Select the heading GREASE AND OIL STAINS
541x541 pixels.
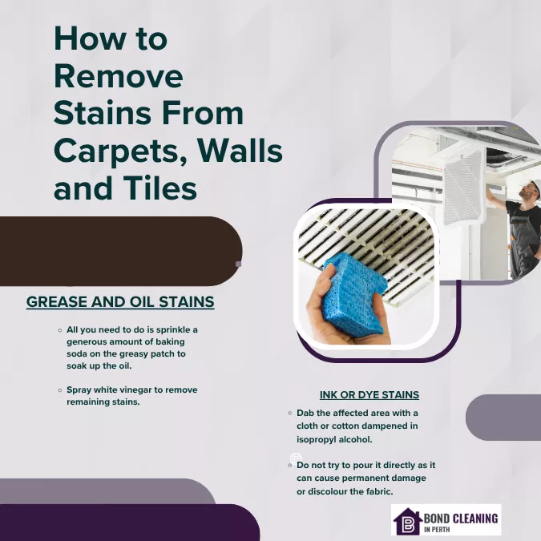pos(120,302)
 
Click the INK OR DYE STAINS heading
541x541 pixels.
pos(369,395)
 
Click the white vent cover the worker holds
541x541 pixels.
pos(462,186)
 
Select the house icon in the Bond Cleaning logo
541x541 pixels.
pos(407,521)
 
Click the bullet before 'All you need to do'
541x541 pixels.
pos(60,330)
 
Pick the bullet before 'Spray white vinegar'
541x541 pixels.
pos(60,390)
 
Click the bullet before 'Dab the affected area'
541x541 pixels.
pos(289,413)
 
